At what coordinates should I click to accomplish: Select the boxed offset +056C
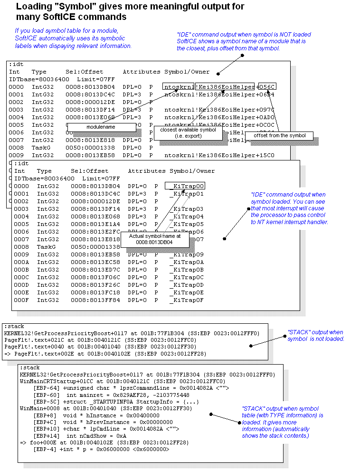pos(268,86)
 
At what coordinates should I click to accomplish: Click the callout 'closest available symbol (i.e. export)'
pos(188,132)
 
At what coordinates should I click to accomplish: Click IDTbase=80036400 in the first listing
pos(33,79)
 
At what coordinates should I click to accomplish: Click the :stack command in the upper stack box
pos(14,327)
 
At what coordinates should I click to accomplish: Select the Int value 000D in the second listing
pos(21,285)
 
